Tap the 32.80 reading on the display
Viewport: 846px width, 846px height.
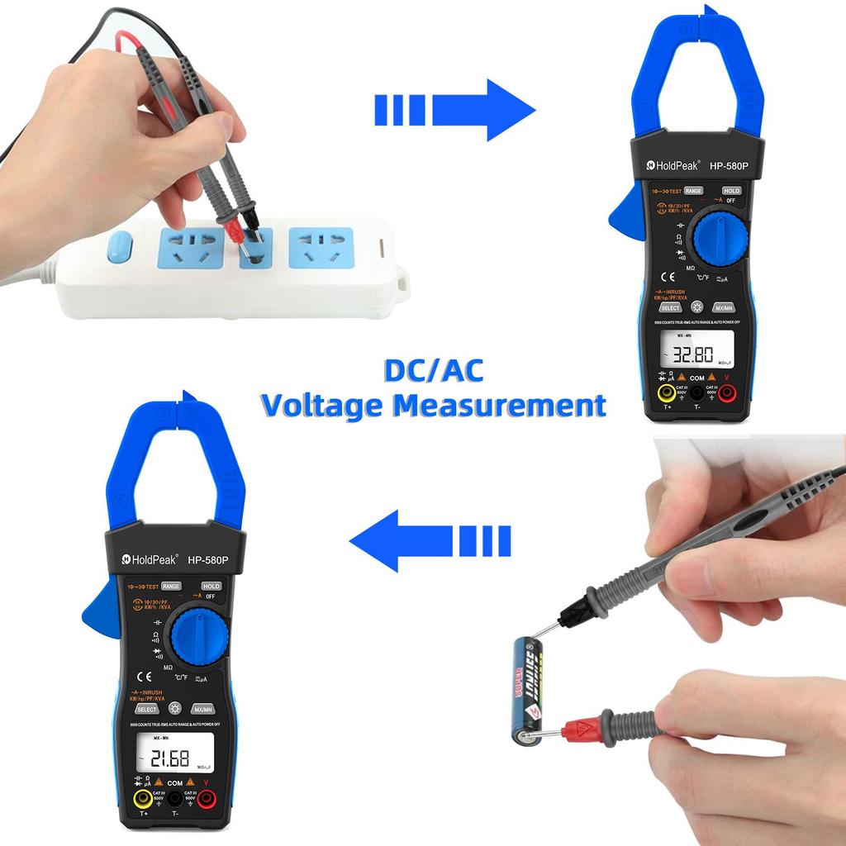(692, 356)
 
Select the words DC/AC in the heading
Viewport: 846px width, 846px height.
(433, 371)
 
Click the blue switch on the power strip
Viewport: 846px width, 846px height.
(120, 246)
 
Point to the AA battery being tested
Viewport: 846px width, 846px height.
(528, 690)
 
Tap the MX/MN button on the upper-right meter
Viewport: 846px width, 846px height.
(724, 307)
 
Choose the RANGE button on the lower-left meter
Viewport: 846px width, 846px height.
(171, 586)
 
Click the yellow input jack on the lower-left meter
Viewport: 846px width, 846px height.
(143, 798)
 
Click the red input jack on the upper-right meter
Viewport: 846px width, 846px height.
(727, 393)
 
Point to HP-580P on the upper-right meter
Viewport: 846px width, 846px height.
(728, 166)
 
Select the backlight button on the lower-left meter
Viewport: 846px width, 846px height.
(174, 708)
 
